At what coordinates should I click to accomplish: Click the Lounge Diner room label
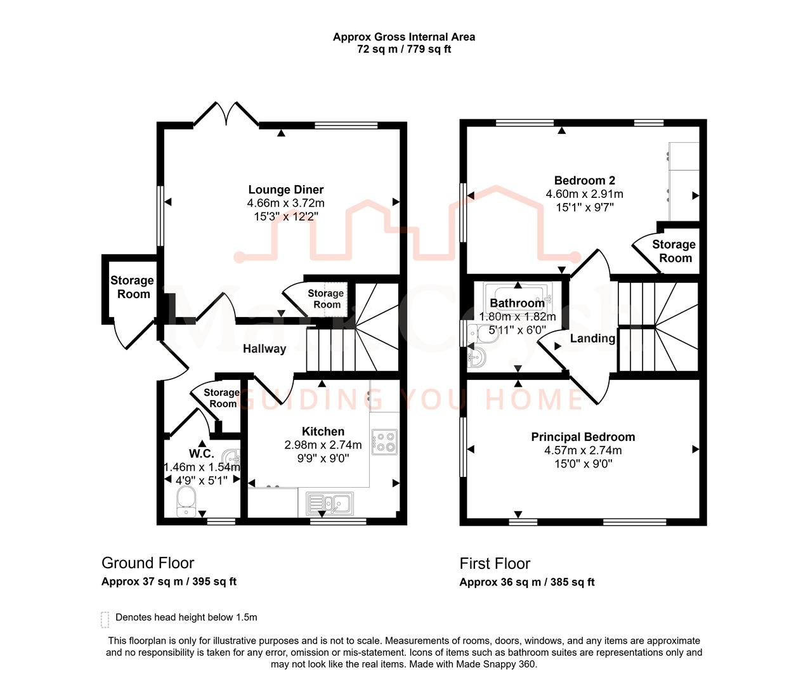[x=285, y=190]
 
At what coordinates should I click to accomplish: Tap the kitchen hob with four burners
[x=384, y=442]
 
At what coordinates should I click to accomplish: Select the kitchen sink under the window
[x=329, y=504]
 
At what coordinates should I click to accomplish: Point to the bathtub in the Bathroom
[x=518, y=296]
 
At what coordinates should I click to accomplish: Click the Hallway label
[x=264, y=349]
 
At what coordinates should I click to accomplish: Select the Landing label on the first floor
[x=592, y=339]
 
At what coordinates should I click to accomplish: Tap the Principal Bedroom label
[x=583, y=437]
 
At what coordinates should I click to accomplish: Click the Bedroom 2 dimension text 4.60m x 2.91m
[x=584, y=194]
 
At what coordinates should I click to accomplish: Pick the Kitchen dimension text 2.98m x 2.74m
[x=323, y=445]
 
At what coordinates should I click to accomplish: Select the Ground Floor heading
[x=148, y=563]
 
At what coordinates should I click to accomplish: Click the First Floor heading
[x=495, y=564]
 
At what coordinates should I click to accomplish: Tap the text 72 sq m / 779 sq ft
[x=404, y=49]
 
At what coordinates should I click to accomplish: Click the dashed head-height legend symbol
[x=105, y=619]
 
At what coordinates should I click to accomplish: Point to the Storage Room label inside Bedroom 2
[x=674, y=251]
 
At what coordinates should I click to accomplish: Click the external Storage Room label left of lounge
[x=132, y=287]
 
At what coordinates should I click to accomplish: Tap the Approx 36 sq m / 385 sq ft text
[x=527, y=582]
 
